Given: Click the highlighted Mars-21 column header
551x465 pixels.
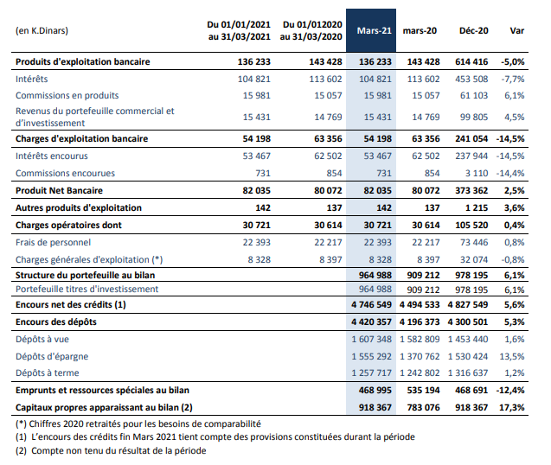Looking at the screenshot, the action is pos(375,31).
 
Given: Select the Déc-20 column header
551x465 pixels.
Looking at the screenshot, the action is pos(474,31).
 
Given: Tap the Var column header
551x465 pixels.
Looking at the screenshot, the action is pos(517,31).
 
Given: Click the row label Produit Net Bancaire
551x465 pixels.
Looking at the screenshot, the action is pos(59,191).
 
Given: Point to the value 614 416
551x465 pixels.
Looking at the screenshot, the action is pos(471,62).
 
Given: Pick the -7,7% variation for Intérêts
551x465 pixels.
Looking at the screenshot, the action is pos(513,79).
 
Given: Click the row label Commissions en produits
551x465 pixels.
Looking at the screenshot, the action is pos(67,96).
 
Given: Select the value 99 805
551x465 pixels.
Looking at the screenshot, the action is pos(474,117).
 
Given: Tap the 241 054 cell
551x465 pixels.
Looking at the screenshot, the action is pos(471,139).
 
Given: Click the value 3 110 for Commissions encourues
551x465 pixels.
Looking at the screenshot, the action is pos(477,173).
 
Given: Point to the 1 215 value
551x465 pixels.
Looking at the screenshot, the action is pos(477,208).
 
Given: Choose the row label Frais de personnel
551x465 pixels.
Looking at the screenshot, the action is pos(53,242).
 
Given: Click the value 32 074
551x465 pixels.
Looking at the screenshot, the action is pos(474,260).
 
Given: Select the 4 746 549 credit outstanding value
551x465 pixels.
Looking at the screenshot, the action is pos(371,305).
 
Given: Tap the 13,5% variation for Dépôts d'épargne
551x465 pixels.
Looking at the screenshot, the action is pos(512,356).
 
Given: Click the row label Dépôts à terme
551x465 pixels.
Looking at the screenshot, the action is pos(47,373).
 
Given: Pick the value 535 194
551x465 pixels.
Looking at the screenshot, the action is pos(423,390).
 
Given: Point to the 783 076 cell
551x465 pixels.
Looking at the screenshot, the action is pos(423,407).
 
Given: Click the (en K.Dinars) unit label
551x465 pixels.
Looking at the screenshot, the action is pos(42,31).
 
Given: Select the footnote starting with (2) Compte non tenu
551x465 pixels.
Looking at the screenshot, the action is pos(111,450).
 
